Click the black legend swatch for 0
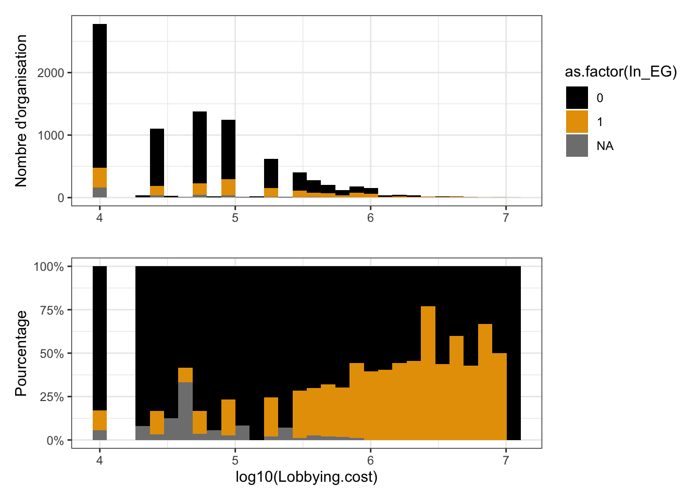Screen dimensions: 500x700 pos(577,98)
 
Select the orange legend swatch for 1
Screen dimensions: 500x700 pos(577,122)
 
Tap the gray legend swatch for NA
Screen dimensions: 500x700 pos(577,146)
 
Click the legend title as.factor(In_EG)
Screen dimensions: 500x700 pos(620,72)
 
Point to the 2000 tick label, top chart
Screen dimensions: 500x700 pos(51,73)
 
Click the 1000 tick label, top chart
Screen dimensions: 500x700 pos(51,135)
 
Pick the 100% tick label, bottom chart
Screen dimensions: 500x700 pos(49,267)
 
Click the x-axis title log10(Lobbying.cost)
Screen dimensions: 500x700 pos(306,477)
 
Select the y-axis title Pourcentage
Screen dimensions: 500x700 pos(21,353)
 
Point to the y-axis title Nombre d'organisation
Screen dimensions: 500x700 pos(21,110)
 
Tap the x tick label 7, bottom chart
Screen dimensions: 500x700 pos(506,460)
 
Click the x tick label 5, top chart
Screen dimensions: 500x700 pos(235,218)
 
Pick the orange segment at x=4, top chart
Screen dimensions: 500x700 pos(99,178)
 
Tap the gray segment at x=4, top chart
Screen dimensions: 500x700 pos(99,193)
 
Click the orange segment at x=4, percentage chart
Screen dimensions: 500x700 pos(99,420)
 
